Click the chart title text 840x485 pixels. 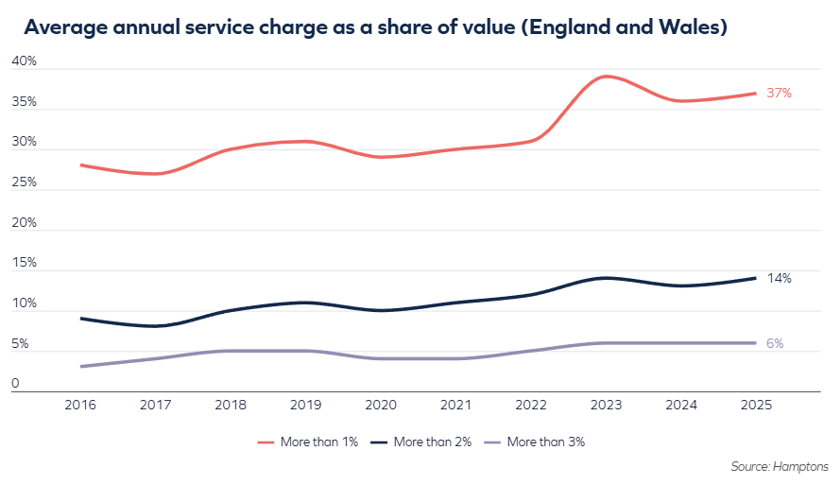tap(375, 27)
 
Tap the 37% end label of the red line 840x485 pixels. tap(779, 93)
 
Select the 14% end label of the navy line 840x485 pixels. tap(779, 278)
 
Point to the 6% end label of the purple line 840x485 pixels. tap(775, 343)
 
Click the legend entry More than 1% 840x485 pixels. tap(309, 442)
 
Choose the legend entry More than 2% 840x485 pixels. tap(421, 442)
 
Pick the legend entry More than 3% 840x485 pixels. tap(536, 442)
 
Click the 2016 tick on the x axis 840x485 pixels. tap(82, 405)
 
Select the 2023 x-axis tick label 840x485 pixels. tap(605, 405)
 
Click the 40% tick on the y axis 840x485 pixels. tap(25, 61)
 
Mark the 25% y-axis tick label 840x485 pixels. tap(25, 182)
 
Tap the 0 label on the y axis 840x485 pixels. tap(16, 384)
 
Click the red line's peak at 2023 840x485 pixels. tap(605, 77)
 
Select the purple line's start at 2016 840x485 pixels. tap(82, 366)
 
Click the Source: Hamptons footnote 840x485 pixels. tap(780, 467)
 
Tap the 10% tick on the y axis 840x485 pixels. tap(25, 303)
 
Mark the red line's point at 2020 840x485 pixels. tap(379, 157)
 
